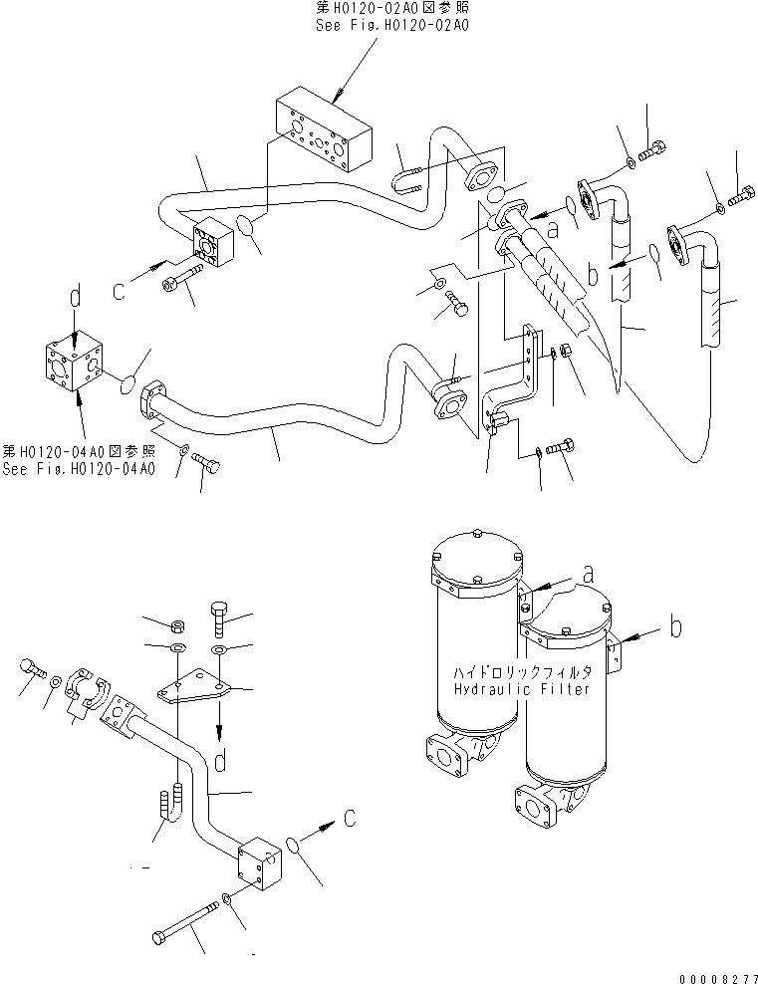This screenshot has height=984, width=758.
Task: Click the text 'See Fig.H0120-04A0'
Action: point(79,469)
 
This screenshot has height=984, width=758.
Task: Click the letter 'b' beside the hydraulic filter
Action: point(677,628)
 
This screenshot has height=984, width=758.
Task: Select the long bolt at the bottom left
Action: point(189,920)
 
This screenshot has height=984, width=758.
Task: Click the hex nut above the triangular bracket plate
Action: point(174,625)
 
